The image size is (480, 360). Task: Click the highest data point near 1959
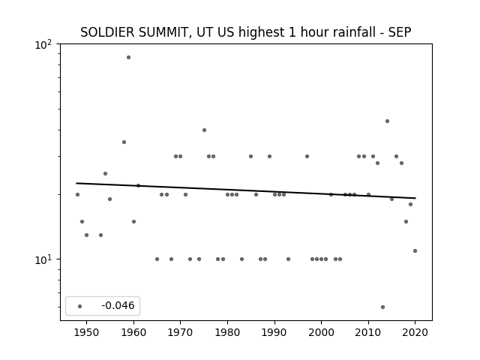128,57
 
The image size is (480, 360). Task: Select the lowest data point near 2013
382,307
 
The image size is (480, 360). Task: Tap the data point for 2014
387,121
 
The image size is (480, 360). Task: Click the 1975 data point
204,130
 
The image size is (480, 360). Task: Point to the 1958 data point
124,142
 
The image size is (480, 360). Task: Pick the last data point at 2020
415,251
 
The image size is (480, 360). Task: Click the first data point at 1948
77,195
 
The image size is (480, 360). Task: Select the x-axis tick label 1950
87,332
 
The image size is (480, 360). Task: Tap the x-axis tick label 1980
227,332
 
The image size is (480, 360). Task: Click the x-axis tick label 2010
368,332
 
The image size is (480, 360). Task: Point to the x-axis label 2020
415,332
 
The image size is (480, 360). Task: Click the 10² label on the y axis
43,45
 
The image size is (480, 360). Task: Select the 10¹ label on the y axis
43,260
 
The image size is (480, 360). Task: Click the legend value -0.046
118,305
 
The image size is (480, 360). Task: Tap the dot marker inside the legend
80,307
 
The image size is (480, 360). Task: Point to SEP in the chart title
400,32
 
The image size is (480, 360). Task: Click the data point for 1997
307,157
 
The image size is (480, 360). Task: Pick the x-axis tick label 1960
133,332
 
